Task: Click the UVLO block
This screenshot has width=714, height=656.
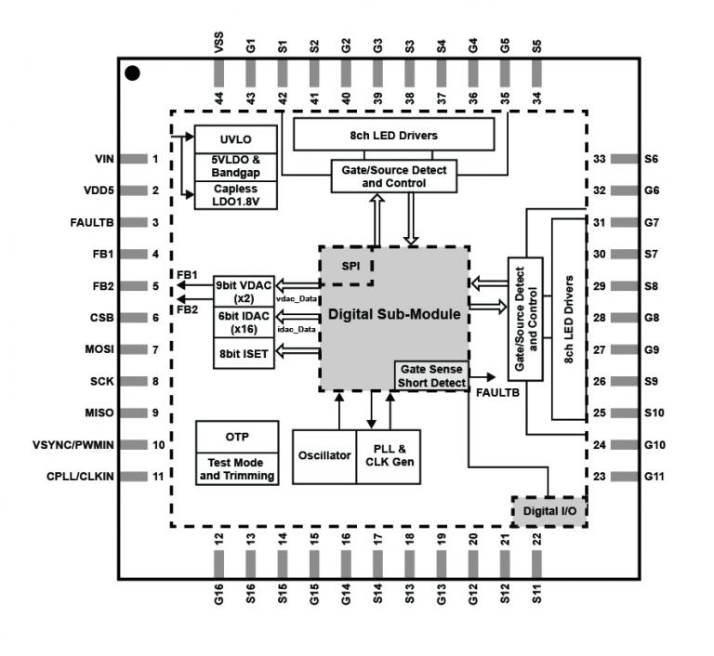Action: tap(235, 138)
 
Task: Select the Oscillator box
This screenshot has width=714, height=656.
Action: tap(324, 456)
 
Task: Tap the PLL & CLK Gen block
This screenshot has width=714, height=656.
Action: tap(388, 456)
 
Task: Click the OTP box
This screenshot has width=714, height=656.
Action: tap(237, 437)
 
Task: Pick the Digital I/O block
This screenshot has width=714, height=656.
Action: tap(549, 511)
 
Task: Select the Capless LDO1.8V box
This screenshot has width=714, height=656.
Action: tap(235, 195)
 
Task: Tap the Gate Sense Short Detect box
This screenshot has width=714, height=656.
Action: tap(431, 375)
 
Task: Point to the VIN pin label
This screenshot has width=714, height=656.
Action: tap(103, 159)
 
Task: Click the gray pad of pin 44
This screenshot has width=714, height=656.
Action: tap(219, 72)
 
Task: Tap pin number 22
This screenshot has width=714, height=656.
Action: tap(536, 539)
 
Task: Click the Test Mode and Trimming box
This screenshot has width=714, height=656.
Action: tap(237, 469)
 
